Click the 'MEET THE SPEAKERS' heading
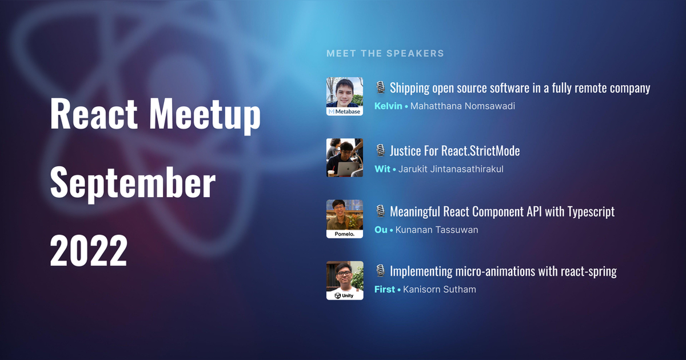click(x=385, y=53)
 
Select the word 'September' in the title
click(x=133, y=183)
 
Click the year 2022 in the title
click(x=88, y=250)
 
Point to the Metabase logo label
click(x=344, y=112)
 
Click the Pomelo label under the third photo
click(x=344, y=234)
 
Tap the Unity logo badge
click(x=344, y=295)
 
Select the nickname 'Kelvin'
click(x=388, y=106)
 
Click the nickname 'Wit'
click(x=382, y=169)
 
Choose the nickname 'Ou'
click(x=381, y=230)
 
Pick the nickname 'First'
click(x=384, y=289)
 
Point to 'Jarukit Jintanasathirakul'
click(x=450, y=169)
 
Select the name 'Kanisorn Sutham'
click(x=439, y=289)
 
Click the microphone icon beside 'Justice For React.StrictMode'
click(x=381, y=150)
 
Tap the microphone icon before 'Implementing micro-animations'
click(x=381, y=271)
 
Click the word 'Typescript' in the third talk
click(x=591, y=211)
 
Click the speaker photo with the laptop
click(x=344, y=158)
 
